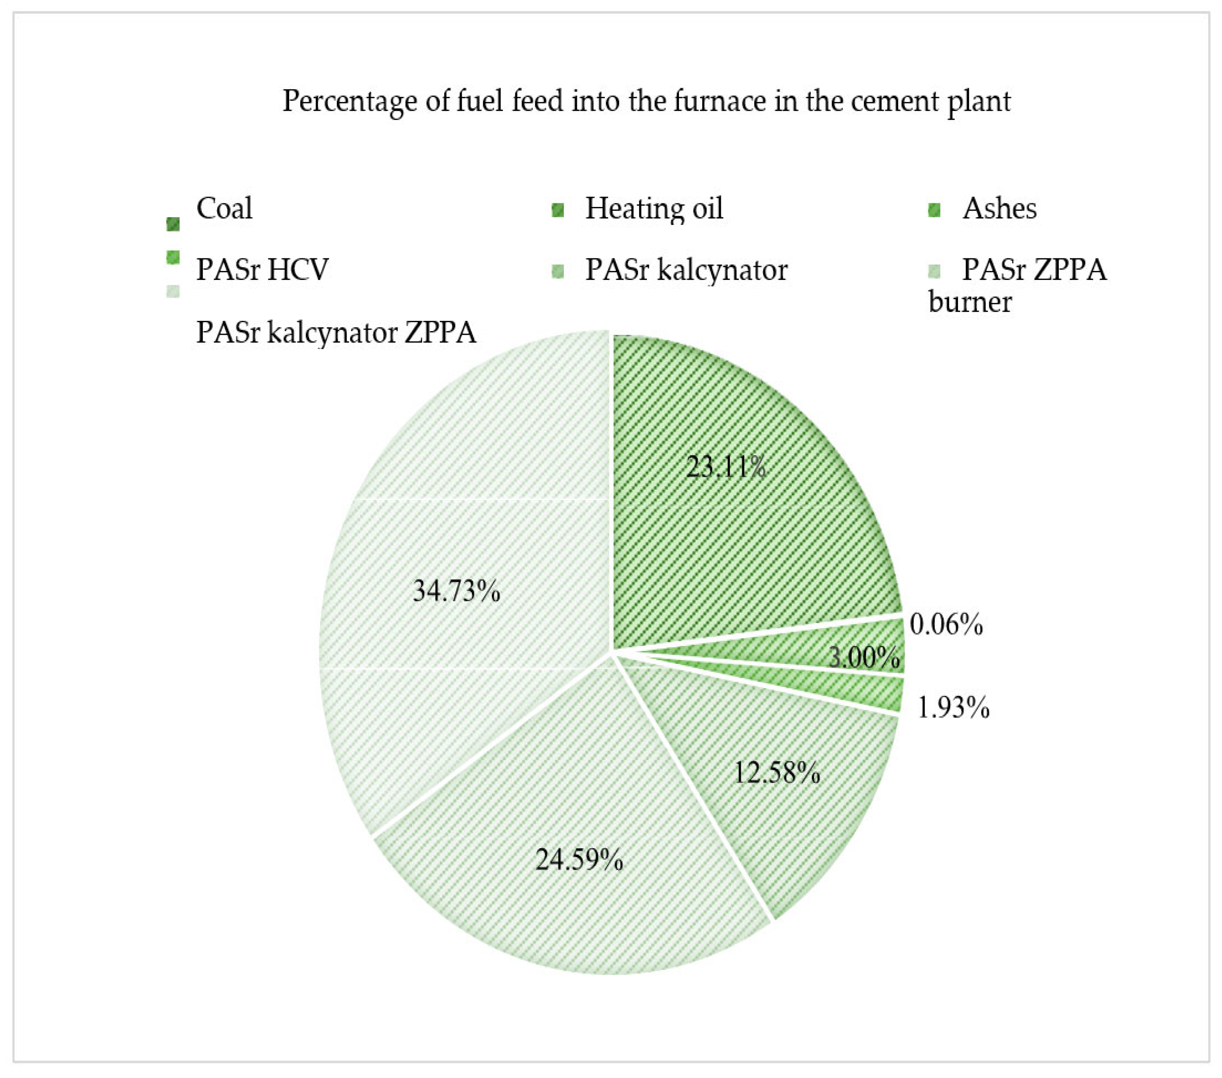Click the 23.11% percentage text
pos(726,467)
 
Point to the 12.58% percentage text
pos(777,773)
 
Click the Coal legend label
pos(224,208)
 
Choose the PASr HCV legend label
pos(262,270)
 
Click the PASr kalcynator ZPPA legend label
pos(336,332)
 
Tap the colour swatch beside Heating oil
pos(558,210)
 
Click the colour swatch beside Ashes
pos(934,210)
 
